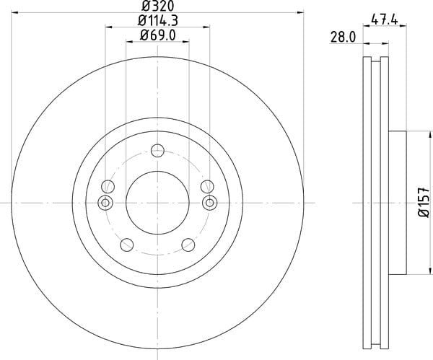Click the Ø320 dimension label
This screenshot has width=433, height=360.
158,5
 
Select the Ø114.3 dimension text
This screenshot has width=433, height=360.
157,21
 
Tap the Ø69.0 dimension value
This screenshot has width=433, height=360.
157,35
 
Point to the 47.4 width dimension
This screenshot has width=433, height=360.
385,19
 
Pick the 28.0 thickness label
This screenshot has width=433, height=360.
343,38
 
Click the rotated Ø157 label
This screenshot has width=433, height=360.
424,202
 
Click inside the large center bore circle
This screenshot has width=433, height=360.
157,203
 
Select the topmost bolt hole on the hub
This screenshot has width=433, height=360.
157,151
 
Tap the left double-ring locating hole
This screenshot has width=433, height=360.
105,203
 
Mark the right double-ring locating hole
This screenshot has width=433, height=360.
210,203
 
